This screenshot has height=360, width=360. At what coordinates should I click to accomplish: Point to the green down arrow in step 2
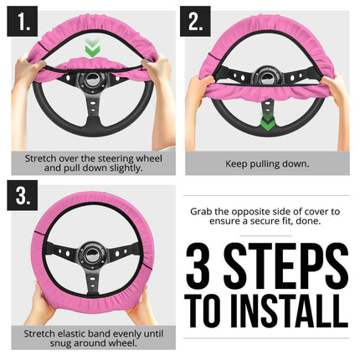266,123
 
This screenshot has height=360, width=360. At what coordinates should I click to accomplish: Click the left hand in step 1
29,73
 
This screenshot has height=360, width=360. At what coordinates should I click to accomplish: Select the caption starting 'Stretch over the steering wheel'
94,162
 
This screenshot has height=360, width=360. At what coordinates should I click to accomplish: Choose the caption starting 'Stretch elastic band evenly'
94,337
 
